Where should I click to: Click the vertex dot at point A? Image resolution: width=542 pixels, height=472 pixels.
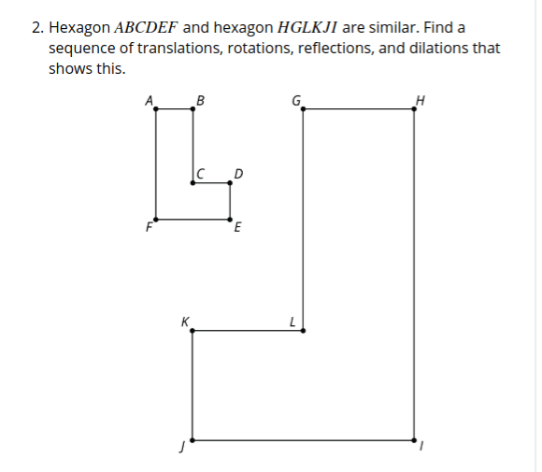[156, 109]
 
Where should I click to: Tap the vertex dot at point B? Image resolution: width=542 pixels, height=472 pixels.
[193, 109]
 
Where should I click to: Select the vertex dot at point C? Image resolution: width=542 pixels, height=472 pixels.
[193, 182]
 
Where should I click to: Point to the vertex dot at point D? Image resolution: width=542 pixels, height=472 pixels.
[230, 182]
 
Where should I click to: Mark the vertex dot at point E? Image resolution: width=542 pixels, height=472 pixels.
[230, 220]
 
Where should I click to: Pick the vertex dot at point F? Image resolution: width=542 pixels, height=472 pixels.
[156, 220]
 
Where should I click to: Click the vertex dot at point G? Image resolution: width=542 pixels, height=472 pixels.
[303, 109]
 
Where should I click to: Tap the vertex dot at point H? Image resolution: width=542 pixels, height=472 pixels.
[414, 109]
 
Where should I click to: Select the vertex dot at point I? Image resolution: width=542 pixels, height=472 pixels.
[414, 440]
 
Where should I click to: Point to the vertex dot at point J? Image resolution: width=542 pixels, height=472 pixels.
[193, 440]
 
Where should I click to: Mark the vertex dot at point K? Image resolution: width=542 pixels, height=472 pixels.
[193, 331]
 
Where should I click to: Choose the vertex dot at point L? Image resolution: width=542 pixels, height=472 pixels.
[303, 331]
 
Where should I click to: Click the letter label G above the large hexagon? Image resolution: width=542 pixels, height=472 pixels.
[296, 101]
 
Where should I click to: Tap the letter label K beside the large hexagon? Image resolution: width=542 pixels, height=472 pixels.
[185, 322]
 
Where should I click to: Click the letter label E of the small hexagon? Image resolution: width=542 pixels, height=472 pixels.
[237, 227]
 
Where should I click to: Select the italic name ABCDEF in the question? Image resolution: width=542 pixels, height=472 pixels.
[146, 27]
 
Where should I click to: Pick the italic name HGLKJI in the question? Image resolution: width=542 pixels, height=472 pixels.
[307, 27]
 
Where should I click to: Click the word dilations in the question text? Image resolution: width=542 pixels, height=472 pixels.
[438, 48]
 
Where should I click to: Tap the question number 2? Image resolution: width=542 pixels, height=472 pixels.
[37, 28]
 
